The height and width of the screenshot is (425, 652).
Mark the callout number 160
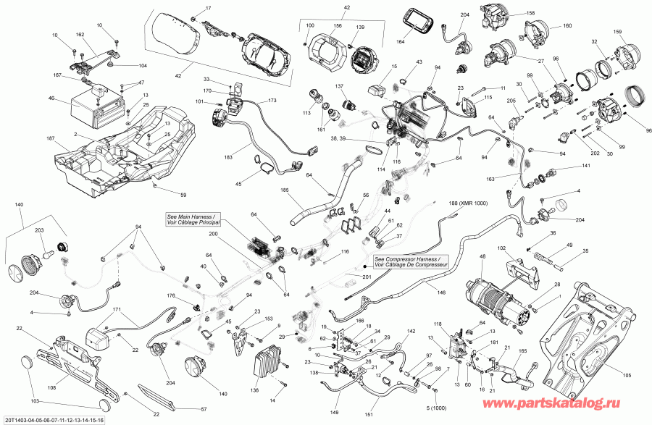point(567,26)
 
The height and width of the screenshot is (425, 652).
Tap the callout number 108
point(51,387)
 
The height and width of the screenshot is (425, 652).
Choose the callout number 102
point(501,248)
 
